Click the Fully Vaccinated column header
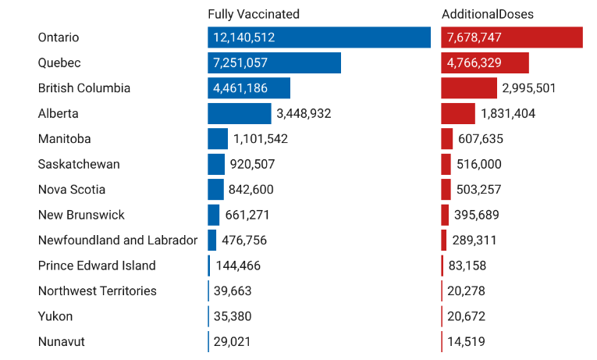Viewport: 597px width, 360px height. (254, 14)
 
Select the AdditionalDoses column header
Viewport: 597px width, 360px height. (488, 14)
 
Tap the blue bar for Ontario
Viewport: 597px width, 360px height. (318, 37)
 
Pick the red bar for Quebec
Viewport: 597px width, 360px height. (485, 62)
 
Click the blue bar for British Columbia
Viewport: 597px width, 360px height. (249, 88)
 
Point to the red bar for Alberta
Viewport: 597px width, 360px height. (458, 113)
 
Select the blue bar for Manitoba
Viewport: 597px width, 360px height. (218, 139)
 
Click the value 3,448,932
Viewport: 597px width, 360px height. (304, 113)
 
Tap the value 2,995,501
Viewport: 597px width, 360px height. (529, 88)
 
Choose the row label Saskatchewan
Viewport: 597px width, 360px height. (79, 164)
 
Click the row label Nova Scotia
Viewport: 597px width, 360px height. (72, 190)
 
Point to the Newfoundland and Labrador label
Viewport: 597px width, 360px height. (118, 240)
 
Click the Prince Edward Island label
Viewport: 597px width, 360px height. (97, 266)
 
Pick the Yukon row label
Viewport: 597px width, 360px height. (55, 316)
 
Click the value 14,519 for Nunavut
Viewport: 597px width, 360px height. (467, 341)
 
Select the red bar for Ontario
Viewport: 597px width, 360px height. (512, 37)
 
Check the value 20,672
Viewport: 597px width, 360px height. (467, 316)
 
